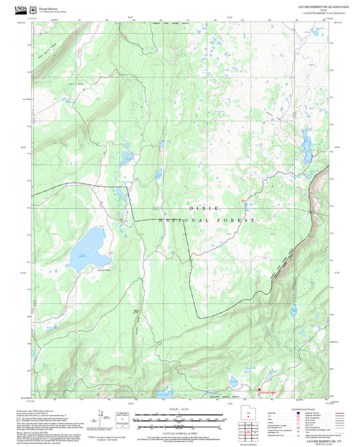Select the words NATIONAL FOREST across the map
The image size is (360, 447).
pyautogui.click(x=207, y=220)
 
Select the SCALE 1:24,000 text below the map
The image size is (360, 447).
pyautogui.click(x=179, y=410)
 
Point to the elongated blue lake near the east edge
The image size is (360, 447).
pyautogui.click(x=304, y=142)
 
